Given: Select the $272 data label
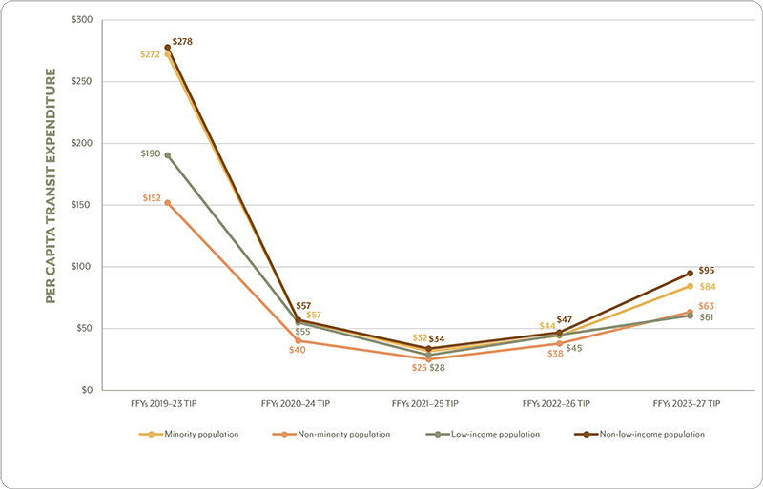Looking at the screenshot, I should [150, 54].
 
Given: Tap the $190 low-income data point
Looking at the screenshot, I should [168, 155].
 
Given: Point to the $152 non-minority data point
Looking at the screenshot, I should [168, 202].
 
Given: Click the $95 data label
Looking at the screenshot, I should [707, 271].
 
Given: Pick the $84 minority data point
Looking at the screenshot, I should [690, 286].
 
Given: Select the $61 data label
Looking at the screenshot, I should [707, 317].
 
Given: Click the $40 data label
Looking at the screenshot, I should [297, 350].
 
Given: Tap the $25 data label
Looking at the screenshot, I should [420, 367].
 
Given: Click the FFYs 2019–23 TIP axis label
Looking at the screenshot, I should [168, 404].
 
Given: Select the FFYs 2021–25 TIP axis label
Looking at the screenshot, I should [428, 404].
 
